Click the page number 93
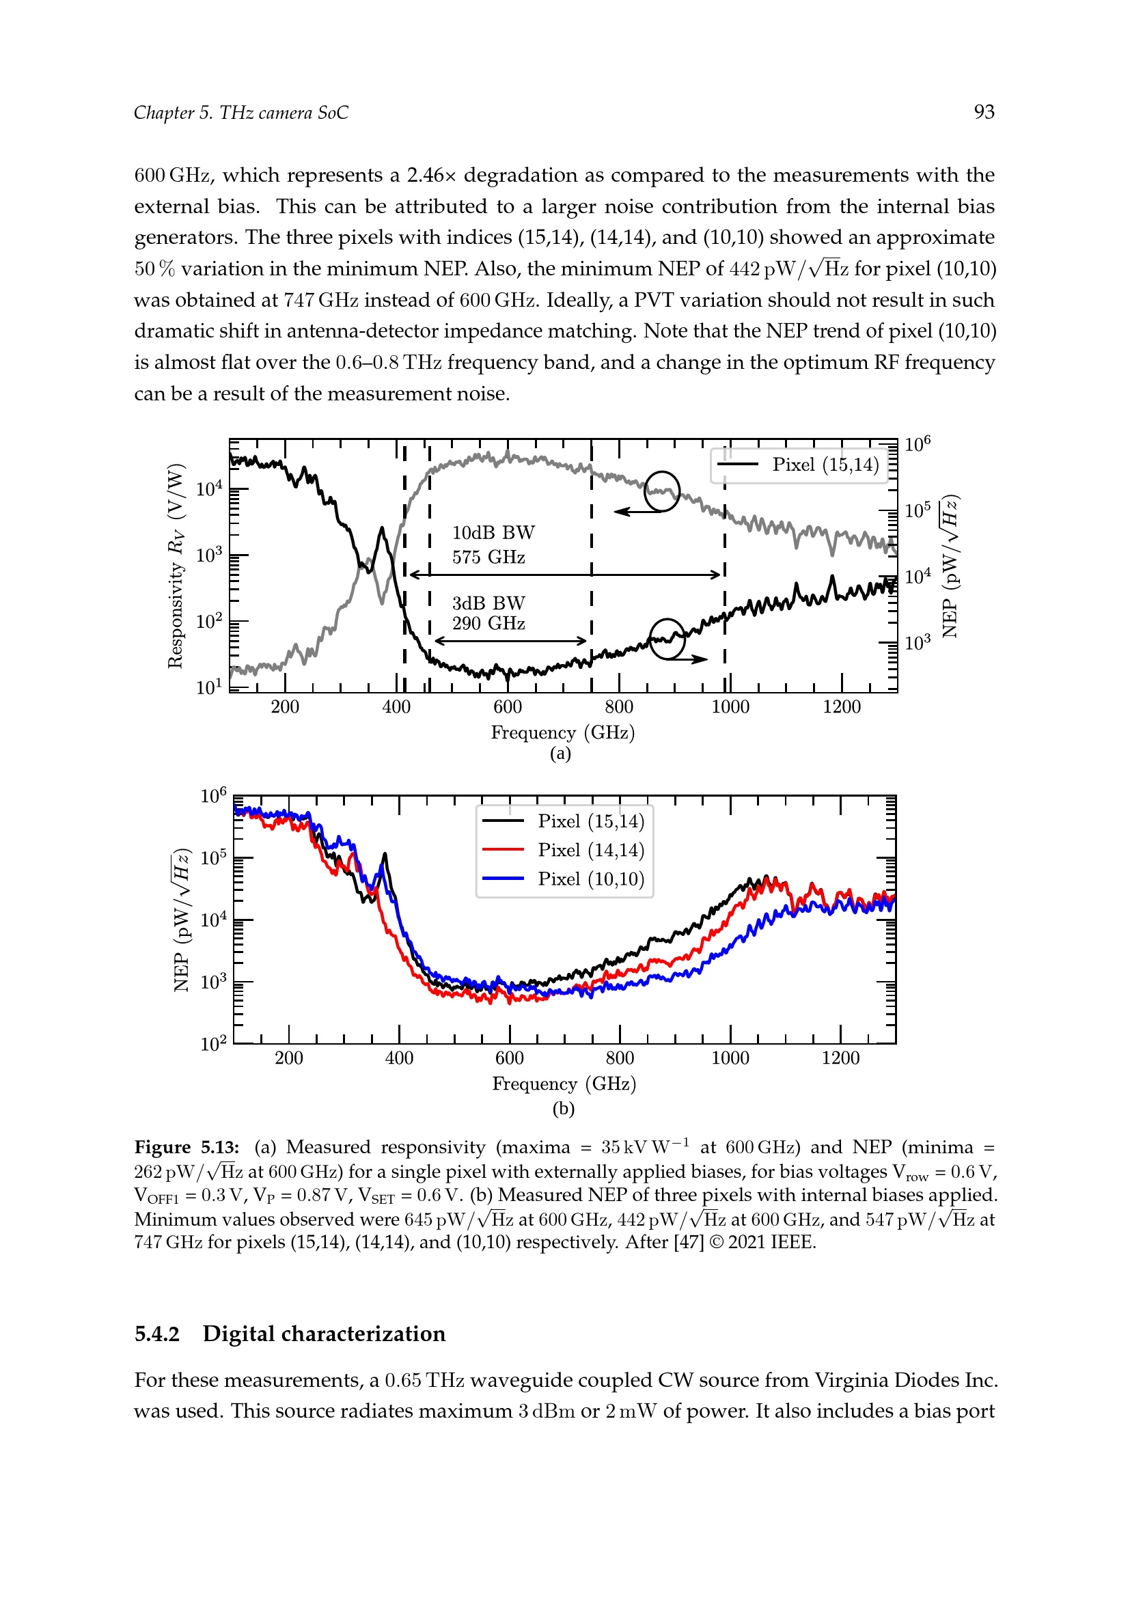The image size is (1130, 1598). pyautogui.click(x=984, y=112)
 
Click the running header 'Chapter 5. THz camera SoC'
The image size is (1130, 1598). pyautogui.click(x=240, y=113)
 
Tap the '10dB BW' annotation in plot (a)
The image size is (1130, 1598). pyautogui.click(x=493, y=532)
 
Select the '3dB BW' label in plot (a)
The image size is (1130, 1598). pyautogui.click(x=488, y=603)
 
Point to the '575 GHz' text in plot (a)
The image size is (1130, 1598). pyautogui.click(x=488, y=557)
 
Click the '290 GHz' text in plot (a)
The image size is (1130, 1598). pyautogui.click(x=488, y=623)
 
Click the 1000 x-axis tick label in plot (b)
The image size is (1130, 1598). pyautogui.click(x=730, y=1058)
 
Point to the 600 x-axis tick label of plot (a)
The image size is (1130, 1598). pyautogui.click(x=507, y=706)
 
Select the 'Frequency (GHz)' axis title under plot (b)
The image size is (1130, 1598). pyautogui.click(x=564, y=1084)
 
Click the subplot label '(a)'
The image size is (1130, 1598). pyautogui.click(x=560, y=754)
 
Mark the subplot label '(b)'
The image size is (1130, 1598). pyautogui.click(x=563, y=1108)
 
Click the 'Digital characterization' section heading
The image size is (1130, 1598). pyautogui.click(x=325, y=1334)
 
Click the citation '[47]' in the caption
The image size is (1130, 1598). pyautogui.click(x=688, y=1242)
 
